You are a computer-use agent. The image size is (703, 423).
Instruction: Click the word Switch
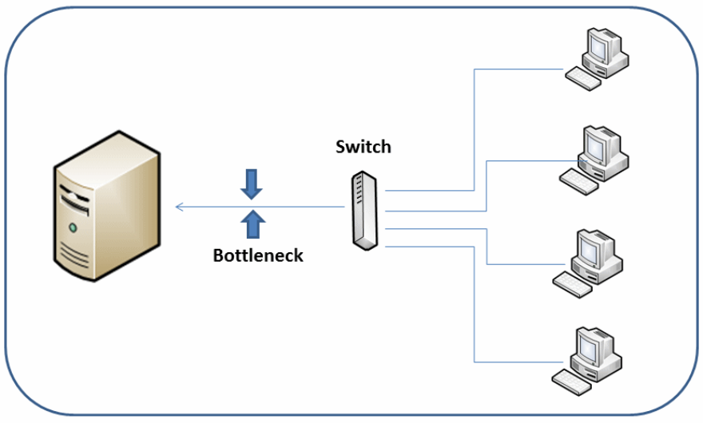click(363, 147)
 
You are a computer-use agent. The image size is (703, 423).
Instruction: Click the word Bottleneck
click(258, 256)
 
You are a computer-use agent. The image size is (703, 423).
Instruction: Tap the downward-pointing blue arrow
click(252, 184)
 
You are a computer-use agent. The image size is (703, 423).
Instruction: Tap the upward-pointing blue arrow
click(253, 224)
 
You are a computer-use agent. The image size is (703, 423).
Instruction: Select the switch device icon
click(364, 210)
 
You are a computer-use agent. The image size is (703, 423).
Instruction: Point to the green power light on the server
click(73, 228)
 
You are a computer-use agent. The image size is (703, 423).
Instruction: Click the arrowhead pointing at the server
click(180, 208)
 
